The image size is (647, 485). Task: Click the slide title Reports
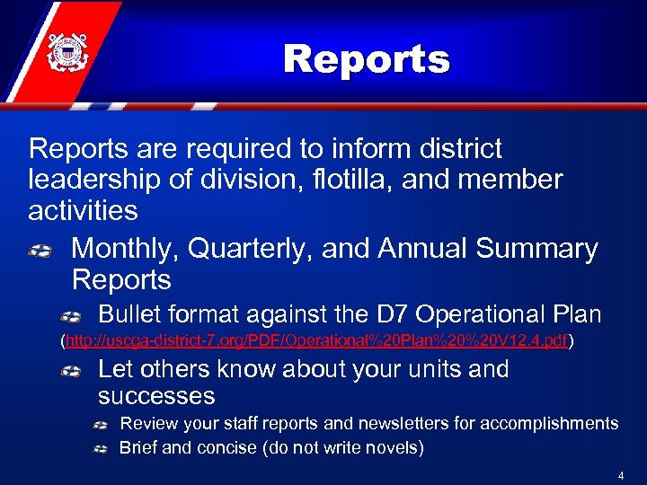click(x=366, y=60)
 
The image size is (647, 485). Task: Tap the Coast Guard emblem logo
click(x=65, y=51)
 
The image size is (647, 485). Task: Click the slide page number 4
click(x=620, y=474)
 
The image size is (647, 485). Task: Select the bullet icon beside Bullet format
click(x=73, y=316)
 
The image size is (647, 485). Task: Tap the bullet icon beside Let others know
click(x=73, y=371)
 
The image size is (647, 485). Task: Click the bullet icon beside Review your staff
click(x=101, y=424)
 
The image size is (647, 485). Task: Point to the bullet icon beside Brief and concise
click(x=101, y=448)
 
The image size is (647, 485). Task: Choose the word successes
click(x=156, y=396)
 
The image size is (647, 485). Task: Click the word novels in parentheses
click(x=393, y=447)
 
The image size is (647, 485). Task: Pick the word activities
click(x=83, y=211)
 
